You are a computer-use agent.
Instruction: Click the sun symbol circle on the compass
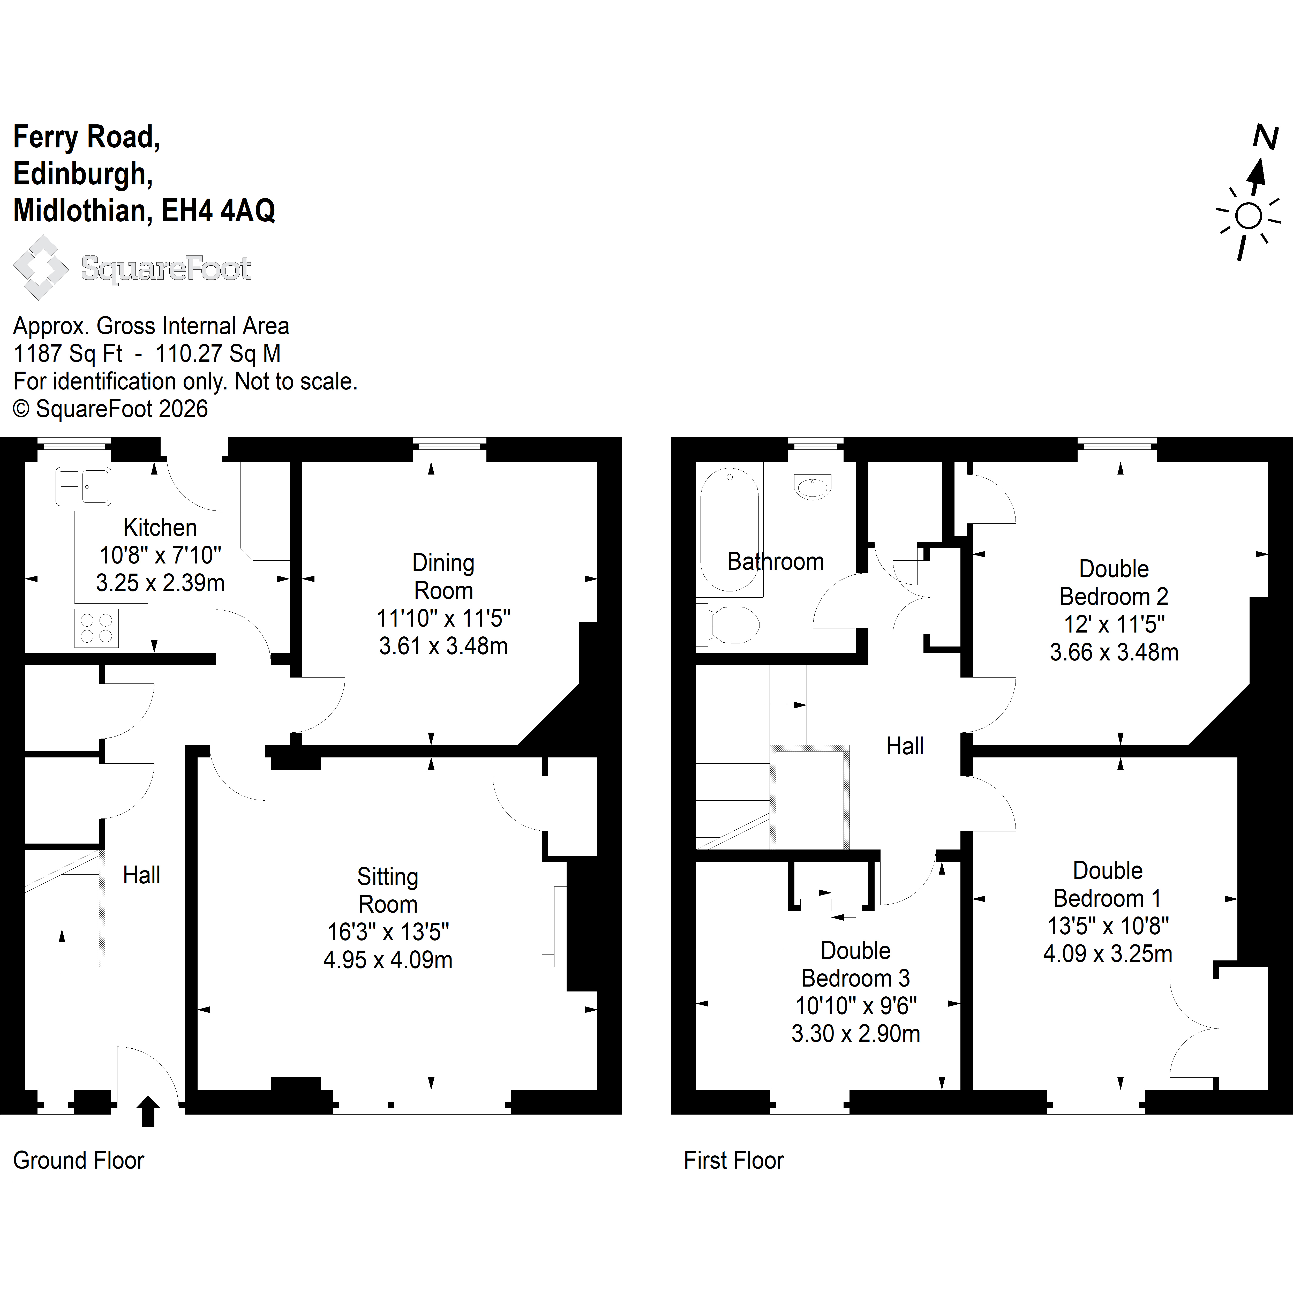1248,216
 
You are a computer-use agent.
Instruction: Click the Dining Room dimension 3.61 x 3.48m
443,646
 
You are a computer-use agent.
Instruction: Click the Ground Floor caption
78,1160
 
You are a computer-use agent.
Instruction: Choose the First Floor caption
733,1160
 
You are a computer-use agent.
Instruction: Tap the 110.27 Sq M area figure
218,353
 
